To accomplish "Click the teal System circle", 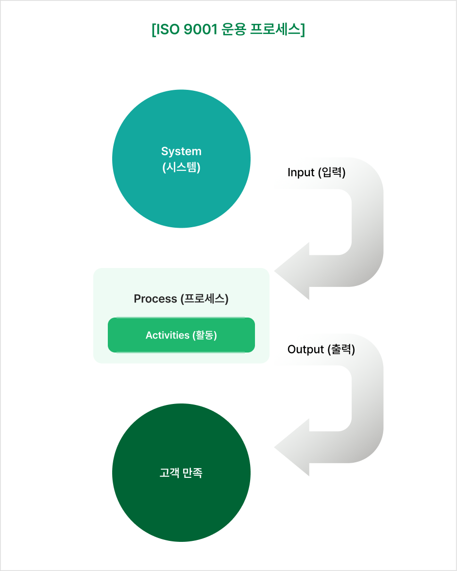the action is click(181, 159).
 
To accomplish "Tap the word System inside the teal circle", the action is click(181, 151).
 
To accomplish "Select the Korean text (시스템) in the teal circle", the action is click(181, 167).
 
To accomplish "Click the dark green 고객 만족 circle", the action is click(181, 473).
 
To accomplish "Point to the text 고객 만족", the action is click(181, 473).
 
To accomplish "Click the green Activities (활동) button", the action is click(181, 335).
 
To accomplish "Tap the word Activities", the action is click(168, 335).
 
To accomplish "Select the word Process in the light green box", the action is click(155, 299).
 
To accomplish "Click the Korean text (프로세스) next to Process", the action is click(204, 299).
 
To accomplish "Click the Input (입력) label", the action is click(317, 172).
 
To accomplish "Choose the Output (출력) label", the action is click(321, 349).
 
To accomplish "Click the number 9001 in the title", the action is click(200, 29).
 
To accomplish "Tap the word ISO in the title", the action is click(168, 29).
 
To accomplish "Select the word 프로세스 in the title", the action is click(275, 29).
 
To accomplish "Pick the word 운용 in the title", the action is click(234, 29).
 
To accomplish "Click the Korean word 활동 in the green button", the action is click(204, 335).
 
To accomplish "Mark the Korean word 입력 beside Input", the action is click(332, 172).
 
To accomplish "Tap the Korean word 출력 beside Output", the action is click(341, 349).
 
